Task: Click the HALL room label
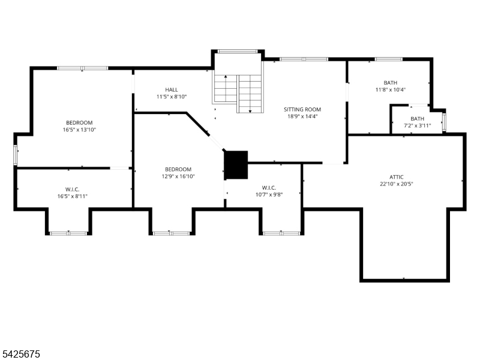pos(172,89)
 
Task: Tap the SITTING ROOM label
pos(302,109)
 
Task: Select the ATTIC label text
pos(397,177)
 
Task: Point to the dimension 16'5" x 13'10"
pos(80,130)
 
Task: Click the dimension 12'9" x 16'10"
pos(178,176)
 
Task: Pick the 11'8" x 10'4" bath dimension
pos(391,89)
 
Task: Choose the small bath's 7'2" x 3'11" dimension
pos(417,125)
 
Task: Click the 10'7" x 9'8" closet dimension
pos(269,194)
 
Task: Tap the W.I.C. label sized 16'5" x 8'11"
pos(72,190)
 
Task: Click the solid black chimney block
pos(236,164)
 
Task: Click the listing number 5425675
pos(20,354)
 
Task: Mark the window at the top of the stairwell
pos(238,52)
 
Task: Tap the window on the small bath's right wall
pos(444,122)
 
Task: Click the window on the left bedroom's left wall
pos(16,155)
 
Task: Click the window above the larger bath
pos(388,59)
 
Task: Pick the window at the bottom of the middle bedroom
pos(172,233)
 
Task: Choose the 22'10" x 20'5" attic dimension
pos(397,184)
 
